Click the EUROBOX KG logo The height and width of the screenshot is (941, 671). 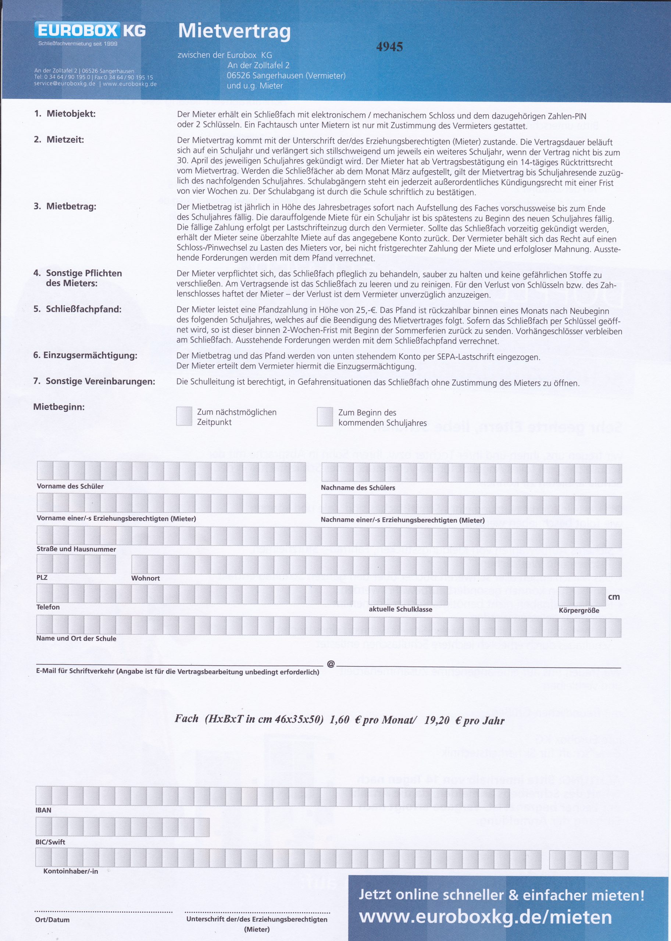(x=90, y=31)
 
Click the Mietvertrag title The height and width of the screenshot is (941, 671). (x=234, y=32)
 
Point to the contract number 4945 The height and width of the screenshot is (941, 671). (x=389, y=47)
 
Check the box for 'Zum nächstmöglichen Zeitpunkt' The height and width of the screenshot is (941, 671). (x=184, y=416)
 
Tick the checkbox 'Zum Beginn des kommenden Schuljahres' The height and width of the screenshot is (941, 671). (x=325, y=416)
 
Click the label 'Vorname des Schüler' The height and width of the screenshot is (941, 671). (x=70, y=486)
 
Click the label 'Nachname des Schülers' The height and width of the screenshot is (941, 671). (x=358, y=488)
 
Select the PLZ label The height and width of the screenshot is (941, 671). (x=42, y=577)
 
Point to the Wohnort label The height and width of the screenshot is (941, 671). (x=146, y=578)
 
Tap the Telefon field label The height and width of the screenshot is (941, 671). (x=48, y=607)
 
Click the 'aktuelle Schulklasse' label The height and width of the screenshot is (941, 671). (x=400, y=609)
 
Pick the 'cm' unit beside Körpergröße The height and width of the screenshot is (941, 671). (x=614, y=597)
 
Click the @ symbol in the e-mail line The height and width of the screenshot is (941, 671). (x=331, y=664)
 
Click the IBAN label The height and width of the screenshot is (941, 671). (x=43, y=810)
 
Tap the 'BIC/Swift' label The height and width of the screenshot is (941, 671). (x=50, y=842)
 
